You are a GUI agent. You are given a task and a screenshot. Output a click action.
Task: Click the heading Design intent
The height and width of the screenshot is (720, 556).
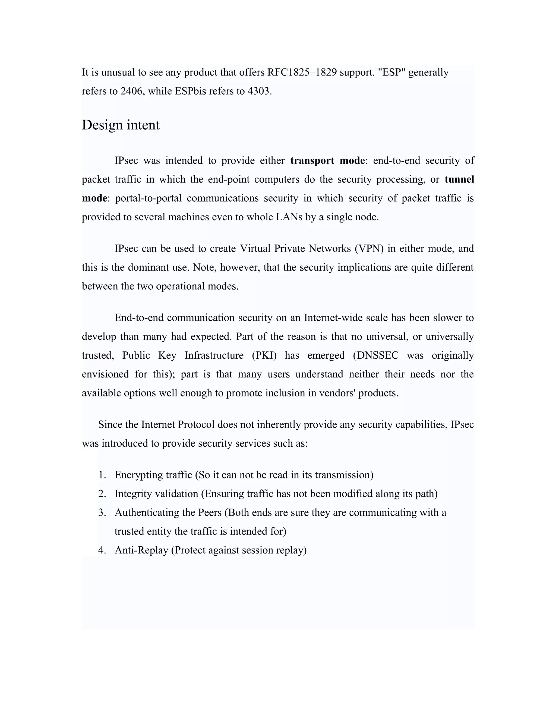(121, 125)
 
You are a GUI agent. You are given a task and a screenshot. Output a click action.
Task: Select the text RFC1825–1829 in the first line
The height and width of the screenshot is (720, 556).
(302, 72)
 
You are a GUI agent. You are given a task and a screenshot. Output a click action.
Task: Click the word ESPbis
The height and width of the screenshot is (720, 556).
(190, 91)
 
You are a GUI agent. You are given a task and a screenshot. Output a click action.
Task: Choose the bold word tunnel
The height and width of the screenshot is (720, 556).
(459, 179)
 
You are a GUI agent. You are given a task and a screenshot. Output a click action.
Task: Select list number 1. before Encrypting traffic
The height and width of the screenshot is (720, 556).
(102, 475)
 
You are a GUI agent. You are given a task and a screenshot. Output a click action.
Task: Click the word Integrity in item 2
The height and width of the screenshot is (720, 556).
(133, 494)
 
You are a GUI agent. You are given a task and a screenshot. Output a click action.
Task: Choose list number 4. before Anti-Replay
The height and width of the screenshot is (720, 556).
(102, 550)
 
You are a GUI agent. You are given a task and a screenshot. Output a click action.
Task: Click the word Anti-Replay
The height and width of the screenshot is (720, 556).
(141, 550)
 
